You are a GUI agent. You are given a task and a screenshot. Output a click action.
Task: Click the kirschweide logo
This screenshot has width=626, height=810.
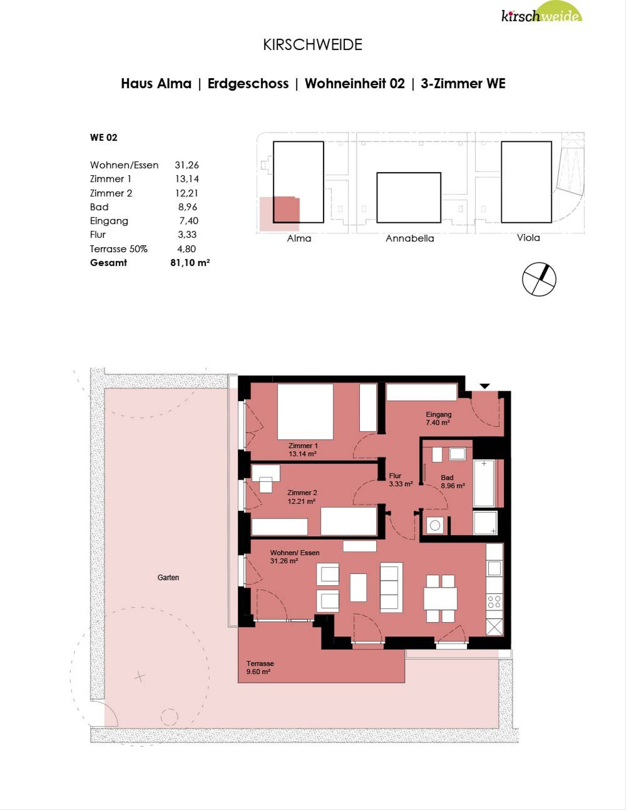tap(541, 13)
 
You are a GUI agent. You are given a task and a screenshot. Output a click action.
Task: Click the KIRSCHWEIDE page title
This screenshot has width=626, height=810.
tap(312, 45)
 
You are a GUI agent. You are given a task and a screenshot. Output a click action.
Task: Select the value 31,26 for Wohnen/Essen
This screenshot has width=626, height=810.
tap(187, 165)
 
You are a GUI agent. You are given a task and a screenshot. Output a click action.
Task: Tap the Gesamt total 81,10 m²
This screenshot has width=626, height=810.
tap(190, 262)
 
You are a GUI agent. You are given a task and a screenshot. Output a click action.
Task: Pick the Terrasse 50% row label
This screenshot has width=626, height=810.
tap(118, 249)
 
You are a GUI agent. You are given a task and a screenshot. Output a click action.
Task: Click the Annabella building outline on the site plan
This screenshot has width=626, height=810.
tap(408, 198)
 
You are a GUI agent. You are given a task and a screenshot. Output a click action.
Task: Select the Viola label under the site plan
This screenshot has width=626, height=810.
tap(528, 237)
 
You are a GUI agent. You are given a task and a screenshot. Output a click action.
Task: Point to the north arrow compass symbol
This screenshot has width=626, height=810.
tap(539, 279)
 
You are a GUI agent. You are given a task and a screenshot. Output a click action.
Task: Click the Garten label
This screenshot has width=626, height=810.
tap(168, 577)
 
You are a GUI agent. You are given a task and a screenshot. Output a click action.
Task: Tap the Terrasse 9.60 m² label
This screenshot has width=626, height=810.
tap(260, 668)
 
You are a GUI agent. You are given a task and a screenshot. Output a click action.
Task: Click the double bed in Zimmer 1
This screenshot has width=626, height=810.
tap(305, 412)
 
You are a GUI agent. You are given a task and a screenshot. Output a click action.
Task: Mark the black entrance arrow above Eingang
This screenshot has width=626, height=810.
tap(485, 386)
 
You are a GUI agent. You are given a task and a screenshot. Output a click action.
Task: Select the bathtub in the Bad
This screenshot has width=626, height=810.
tap(484, 483)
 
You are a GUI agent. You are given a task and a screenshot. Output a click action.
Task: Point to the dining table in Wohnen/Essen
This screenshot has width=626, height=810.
tap(440, 598)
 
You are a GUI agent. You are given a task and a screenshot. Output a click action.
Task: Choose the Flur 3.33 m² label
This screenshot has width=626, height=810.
tap(401, 480)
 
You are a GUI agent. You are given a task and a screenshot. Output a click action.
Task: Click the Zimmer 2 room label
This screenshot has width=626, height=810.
tap(302, 497)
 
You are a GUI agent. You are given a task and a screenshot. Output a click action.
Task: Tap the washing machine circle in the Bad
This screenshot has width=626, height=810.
tap(435, 526)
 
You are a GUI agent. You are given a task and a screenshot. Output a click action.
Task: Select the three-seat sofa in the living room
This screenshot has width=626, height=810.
tap(391, 587)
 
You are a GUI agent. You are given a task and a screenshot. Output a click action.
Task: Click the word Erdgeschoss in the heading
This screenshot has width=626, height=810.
tap(248, 83)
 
